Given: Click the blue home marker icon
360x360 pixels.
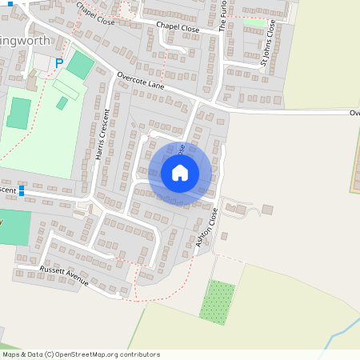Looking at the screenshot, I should pyautogui.click(x=180, y=173).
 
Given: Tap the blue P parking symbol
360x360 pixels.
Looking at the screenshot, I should pyautogui.click(x=58, y=62).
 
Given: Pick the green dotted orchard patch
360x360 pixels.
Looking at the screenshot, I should pyautogui.click(x=218, y=302).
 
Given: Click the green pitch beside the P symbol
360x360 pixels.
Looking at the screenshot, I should pyautogui.click(x=79, y=65).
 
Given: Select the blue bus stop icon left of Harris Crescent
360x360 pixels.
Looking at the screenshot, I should pyautogui.click(x=22, y=192).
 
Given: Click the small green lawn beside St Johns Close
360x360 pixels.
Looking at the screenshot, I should pyautogui.click(x=254, y=23).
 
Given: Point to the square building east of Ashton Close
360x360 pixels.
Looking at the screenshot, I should pyautogui.click(x=267, y=210).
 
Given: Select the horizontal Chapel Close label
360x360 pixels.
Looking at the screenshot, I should pyautogui.click(x=178, y=26).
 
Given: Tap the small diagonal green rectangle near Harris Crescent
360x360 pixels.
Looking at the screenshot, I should pyautogui.click(x=62, y=102).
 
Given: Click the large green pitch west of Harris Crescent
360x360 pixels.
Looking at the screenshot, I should pyautogui.click(x=19, y=113).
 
